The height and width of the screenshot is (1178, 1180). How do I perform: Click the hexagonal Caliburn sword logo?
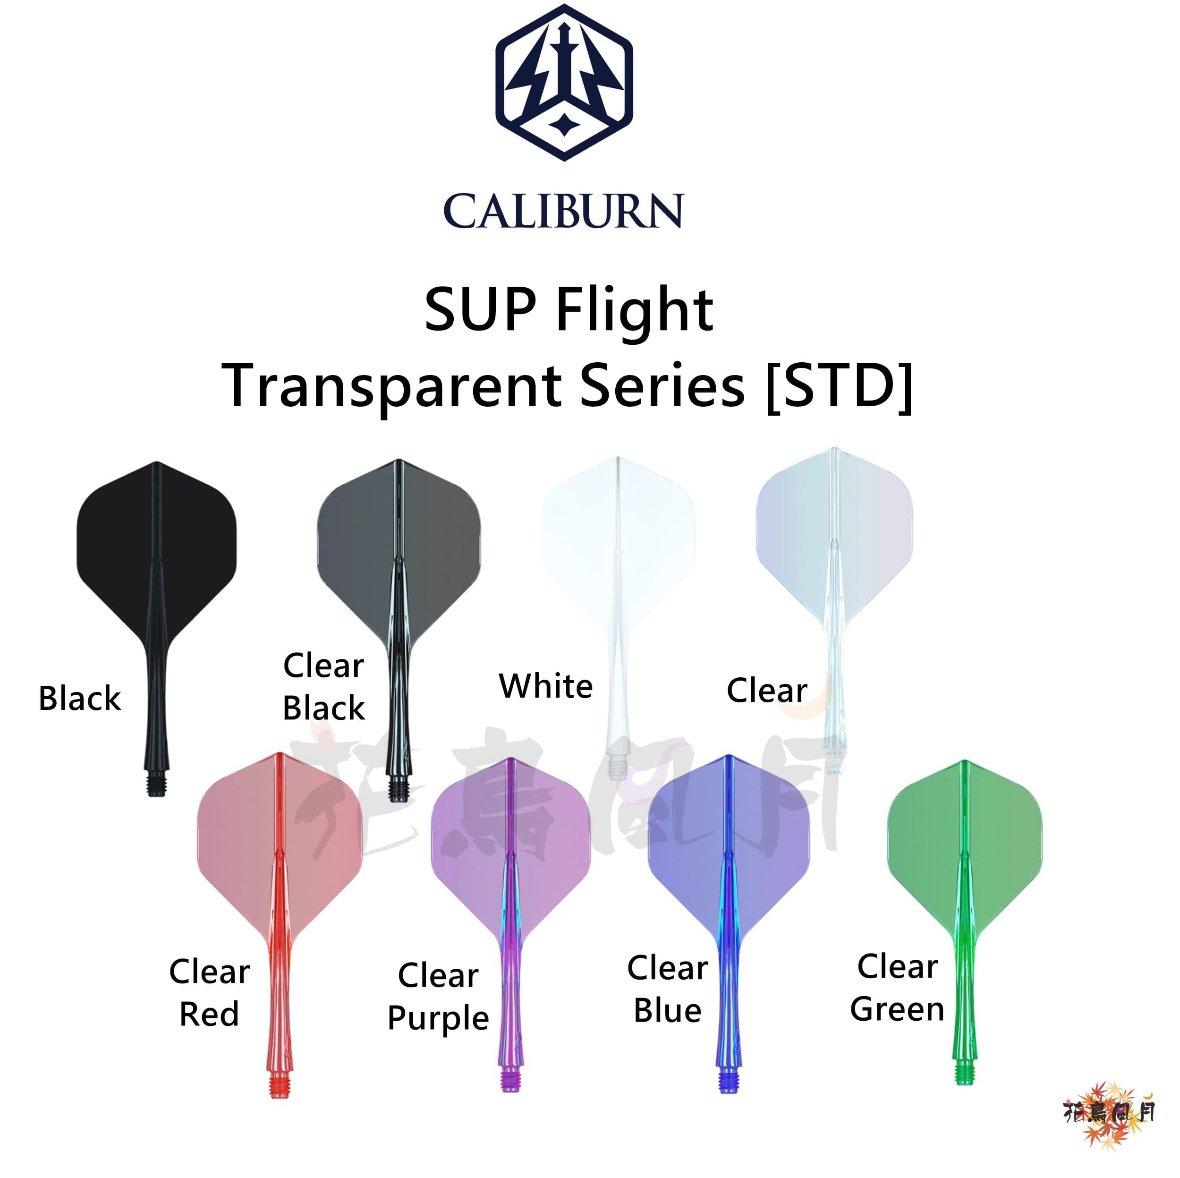point(563,83)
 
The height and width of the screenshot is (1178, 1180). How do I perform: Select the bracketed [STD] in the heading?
point(839,386)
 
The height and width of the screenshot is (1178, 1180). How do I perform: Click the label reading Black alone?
point(79,699)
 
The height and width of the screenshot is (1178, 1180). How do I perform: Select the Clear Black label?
point(324,687)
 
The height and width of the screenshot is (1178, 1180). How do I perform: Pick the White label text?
point(546,686)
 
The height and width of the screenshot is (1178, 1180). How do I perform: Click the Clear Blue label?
point(668,990)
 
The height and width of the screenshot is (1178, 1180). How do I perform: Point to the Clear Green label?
point(897,988)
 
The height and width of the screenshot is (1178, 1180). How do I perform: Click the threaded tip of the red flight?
point(279,1088)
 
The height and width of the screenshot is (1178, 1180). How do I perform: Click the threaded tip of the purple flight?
point(510,1082)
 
